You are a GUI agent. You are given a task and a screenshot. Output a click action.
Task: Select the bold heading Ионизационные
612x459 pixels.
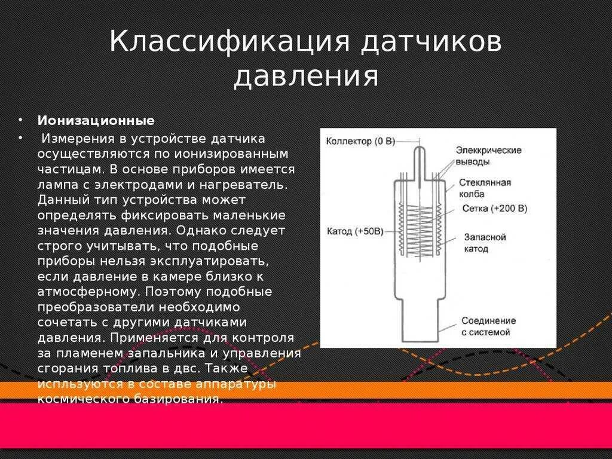point(96,120)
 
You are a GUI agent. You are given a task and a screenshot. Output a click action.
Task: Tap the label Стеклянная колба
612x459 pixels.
point(485,188)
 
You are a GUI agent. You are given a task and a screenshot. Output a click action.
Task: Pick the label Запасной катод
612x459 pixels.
point(485,243)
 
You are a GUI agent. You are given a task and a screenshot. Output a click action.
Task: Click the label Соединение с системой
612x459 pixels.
point(488,326)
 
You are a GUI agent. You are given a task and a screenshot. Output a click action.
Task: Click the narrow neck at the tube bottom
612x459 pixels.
point(419,317)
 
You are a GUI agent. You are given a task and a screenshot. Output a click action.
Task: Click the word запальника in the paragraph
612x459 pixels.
point(157,353)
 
